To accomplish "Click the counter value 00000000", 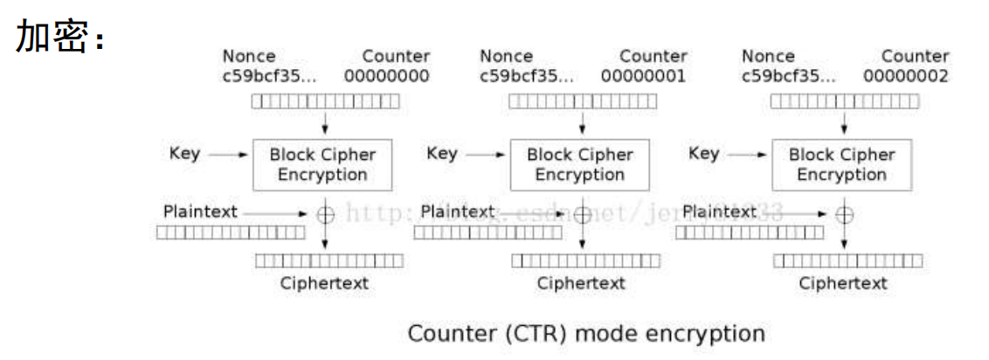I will tap(386, 76).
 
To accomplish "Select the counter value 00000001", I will tap(643, 76).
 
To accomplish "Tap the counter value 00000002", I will tap(905, 76).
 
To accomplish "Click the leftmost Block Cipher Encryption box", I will tap(322, 164).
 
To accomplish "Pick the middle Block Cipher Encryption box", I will tap(580, 164).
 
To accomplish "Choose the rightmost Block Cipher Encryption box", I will tap(841, 164).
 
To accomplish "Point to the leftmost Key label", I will tap(184, 154).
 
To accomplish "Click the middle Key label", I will tap(441, 154).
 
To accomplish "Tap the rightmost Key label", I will tap(703, 154).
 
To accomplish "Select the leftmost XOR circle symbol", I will tap(325, 213).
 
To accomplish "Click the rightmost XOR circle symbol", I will tap(844, 213).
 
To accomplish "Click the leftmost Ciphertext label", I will tap(324, 283).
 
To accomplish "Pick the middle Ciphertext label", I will tap(581, 283).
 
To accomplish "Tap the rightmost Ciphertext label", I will tap(843, 283).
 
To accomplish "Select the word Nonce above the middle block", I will tap(506, 57).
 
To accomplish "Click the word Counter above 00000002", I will tap(915, 57).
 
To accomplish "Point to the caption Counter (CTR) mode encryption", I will tap(586, 334).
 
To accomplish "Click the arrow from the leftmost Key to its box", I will tap(229, 155).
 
